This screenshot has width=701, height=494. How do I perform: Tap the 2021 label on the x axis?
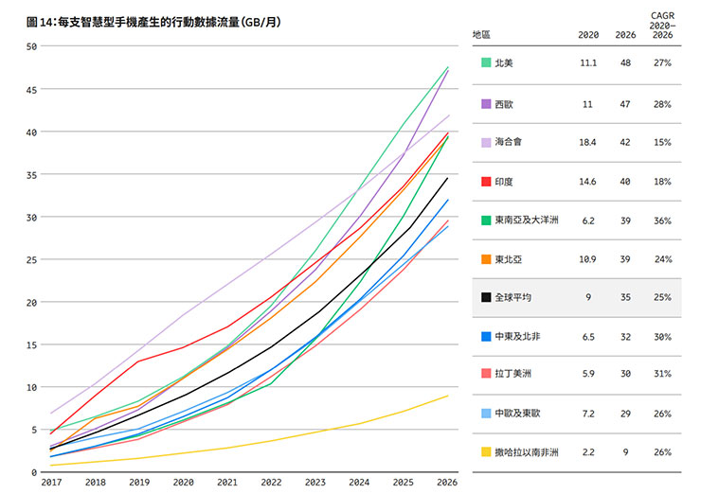[228, 482]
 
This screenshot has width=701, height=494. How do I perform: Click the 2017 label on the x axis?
[50, 482]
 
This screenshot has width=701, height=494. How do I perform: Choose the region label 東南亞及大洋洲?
[527, 220]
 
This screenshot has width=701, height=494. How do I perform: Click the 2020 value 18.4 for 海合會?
[588, 142]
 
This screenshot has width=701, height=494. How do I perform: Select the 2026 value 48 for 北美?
[626, 63]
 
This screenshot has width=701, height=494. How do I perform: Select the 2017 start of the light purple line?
[50, 414]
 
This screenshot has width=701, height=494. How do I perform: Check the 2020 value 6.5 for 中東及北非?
[588, 336]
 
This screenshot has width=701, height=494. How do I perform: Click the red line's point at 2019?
[139, 362]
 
